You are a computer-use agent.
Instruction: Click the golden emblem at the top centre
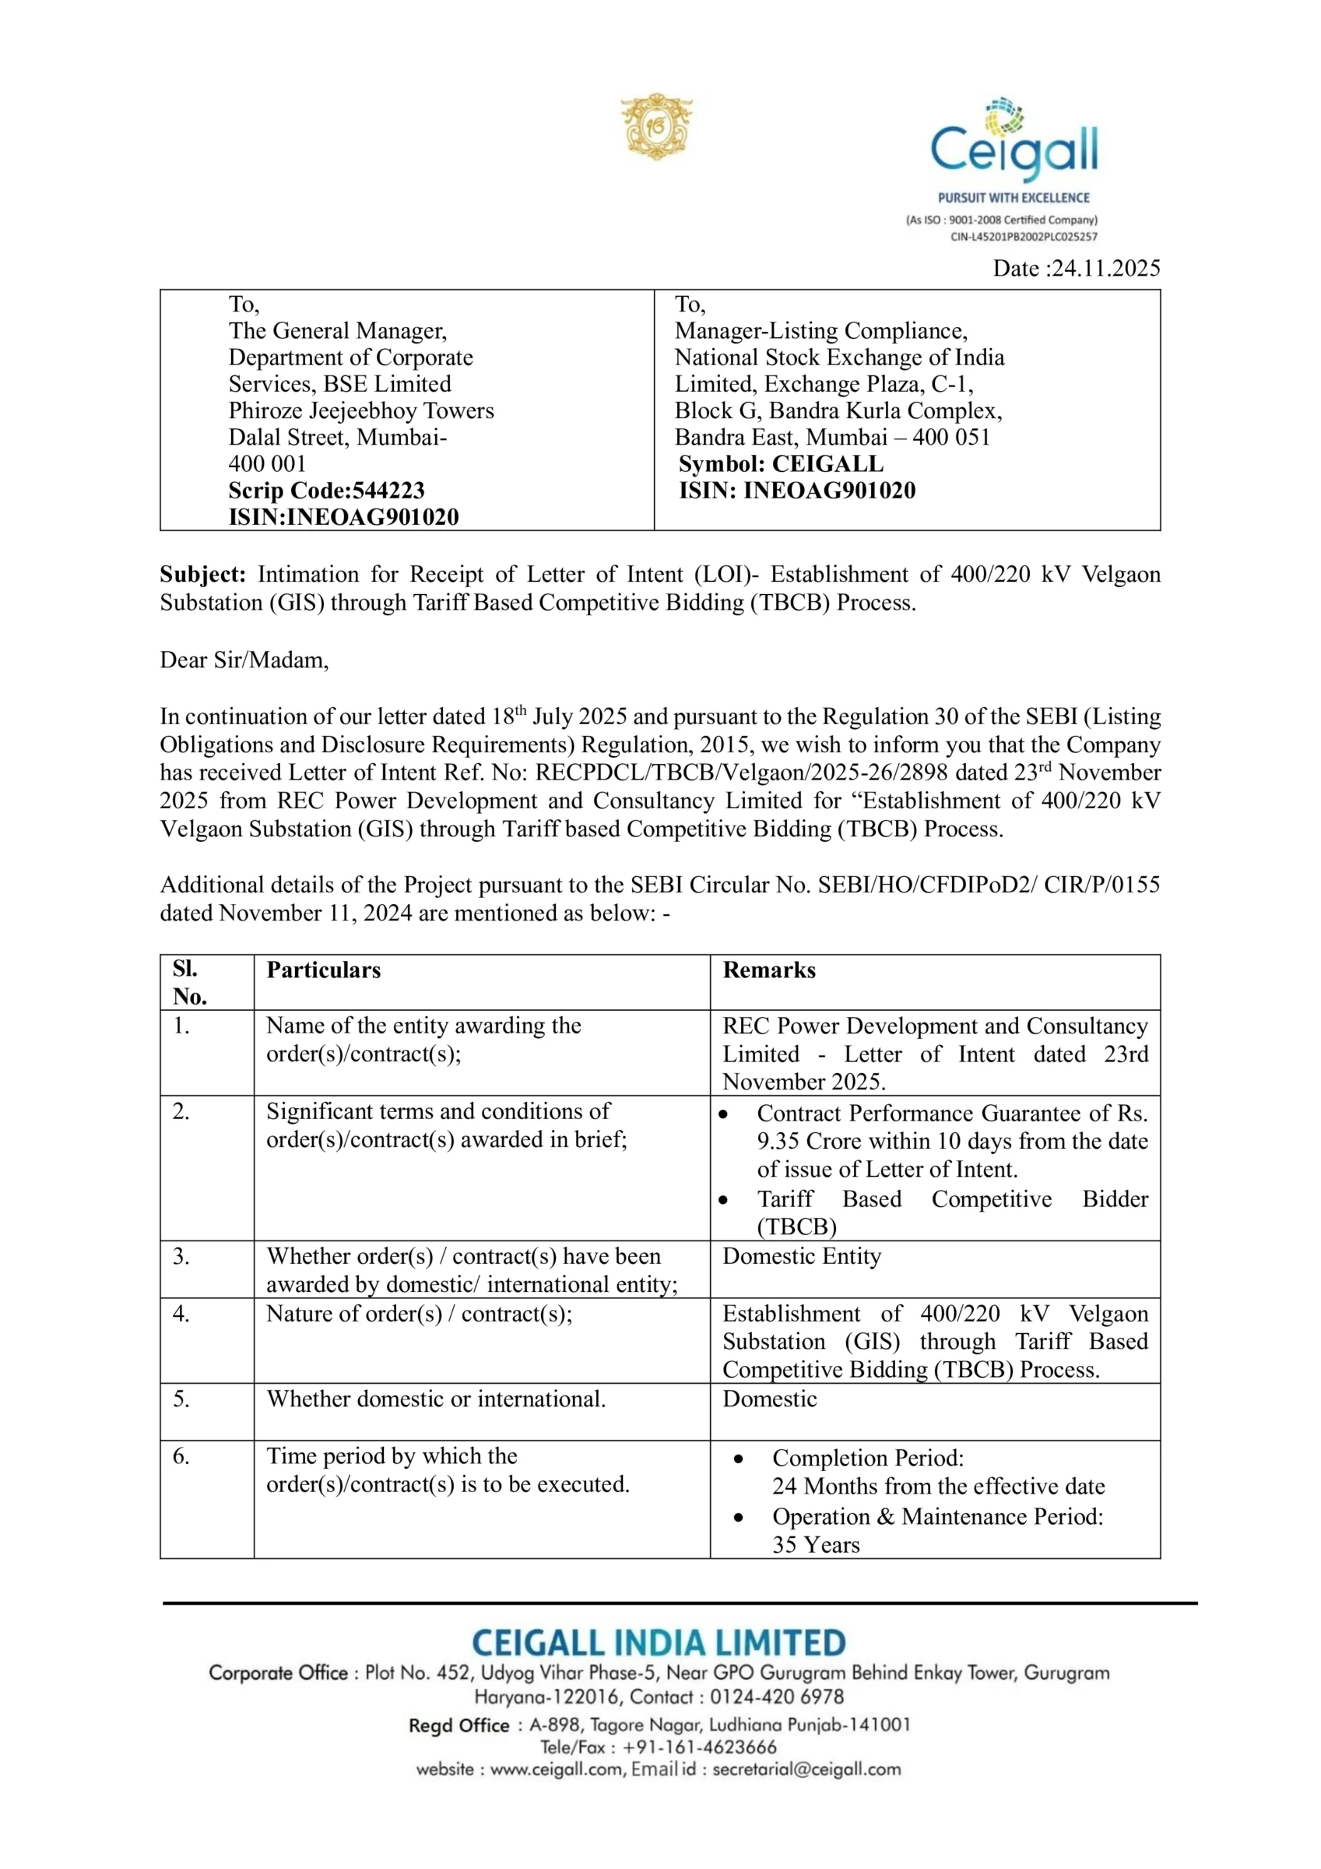(656, 126)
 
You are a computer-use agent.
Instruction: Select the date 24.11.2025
(1105, 268)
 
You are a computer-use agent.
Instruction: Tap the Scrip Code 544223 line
(326, 490)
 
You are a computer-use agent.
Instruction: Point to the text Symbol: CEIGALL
(781, 464)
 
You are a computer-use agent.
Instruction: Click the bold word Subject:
(202, 575)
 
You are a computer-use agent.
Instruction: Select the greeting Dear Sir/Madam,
(244, 660)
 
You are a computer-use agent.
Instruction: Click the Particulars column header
(323, 970)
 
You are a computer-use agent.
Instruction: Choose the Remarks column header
(768, 970)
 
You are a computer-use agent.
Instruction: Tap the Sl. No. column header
(190, 983)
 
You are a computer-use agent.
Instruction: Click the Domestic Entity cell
(801, 1256)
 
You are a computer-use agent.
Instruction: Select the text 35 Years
(816, 1544)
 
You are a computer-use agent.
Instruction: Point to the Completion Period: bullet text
(868, 1458)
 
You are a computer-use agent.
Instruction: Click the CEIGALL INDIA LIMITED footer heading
(659, 1642)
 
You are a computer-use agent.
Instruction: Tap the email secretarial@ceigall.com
(806, 1769)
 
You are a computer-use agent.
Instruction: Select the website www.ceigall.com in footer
(557, 1769)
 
